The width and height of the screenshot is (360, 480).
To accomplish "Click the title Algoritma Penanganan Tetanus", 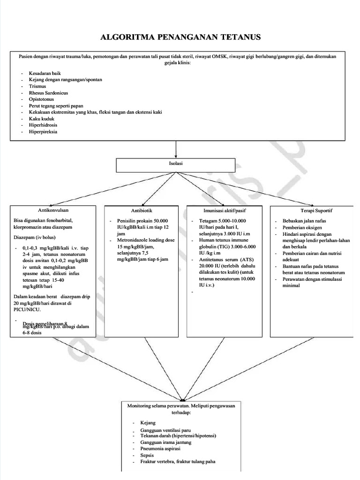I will [180, 37].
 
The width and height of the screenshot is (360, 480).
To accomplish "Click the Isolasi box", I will [176, 164].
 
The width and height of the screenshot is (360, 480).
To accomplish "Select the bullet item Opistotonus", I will [41, 99].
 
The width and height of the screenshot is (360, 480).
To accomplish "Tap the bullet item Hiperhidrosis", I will [42, 125].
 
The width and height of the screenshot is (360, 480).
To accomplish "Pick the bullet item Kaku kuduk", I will [39, 119].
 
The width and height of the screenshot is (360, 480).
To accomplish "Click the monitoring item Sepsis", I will [147, 455].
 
